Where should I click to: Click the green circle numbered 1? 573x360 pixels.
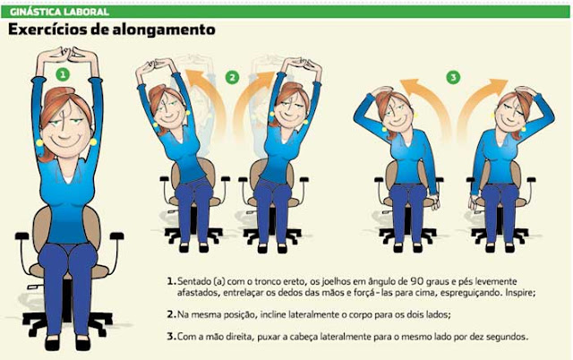63,75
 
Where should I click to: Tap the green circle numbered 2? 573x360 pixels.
232,78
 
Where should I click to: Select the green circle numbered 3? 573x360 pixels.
454,78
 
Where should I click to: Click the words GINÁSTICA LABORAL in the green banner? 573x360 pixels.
60,12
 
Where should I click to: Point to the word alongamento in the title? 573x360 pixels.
164,30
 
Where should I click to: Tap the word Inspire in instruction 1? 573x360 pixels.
520,293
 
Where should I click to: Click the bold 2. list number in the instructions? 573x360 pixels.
171,314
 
